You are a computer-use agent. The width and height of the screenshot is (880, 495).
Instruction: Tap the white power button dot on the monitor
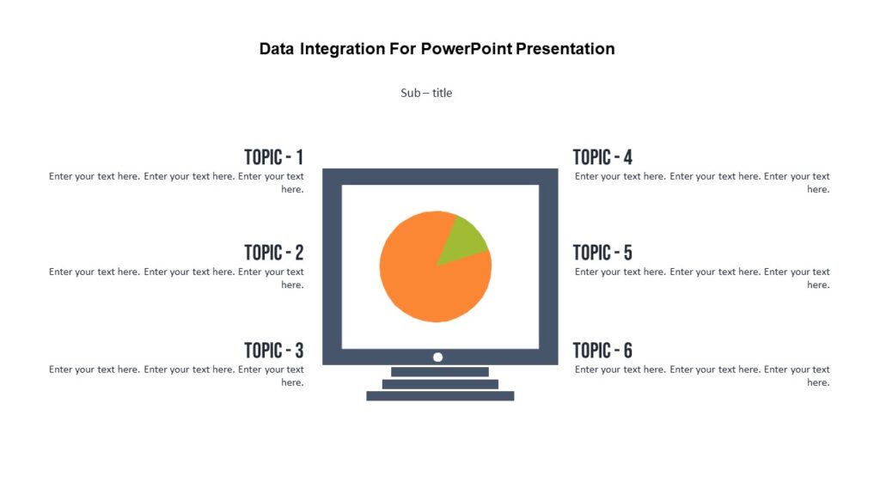437,357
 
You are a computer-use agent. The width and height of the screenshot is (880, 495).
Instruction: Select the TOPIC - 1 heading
273,157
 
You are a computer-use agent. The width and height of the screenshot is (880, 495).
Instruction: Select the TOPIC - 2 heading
273,253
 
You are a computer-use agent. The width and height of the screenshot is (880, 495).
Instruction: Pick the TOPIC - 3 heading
273,351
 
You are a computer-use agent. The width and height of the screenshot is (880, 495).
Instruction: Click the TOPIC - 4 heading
602,157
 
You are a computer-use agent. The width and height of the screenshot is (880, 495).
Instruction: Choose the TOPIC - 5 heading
602,253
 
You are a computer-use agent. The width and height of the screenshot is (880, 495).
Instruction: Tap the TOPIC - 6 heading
602,351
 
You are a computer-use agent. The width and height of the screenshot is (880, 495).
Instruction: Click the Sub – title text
426,93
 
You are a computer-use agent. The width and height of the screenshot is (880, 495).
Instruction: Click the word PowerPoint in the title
467,49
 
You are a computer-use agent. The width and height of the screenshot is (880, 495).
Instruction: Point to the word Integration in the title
339,49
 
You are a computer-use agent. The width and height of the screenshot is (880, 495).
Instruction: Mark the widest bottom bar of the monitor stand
440,396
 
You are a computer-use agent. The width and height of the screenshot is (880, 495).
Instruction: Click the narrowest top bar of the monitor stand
440,372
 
